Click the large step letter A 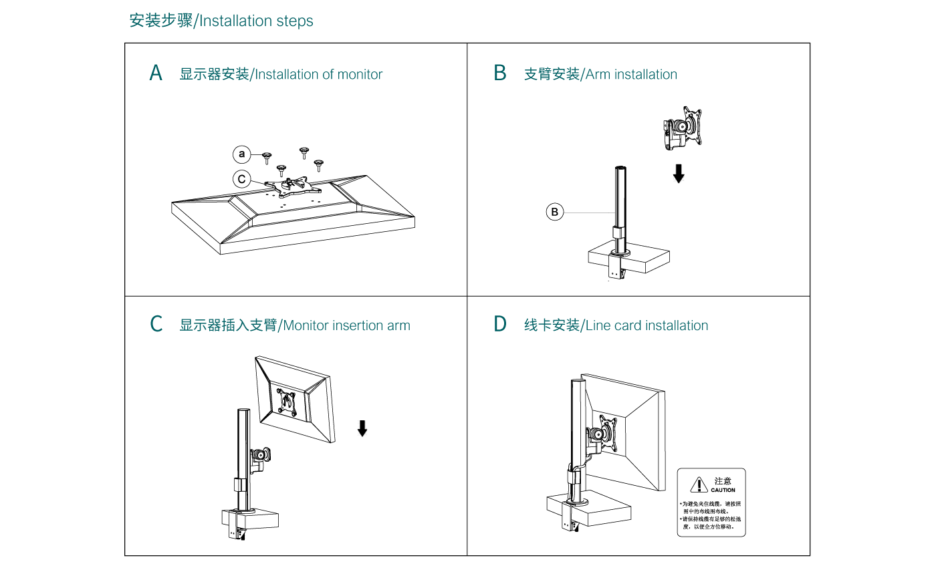(x=156, y=74)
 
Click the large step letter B (x=500, y=74)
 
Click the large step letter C (x=156, y=325)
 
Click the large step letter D (x=500, y=325)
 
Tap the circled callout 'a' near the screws (x=241, y=155)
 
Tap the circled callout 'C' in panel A (x=241, y=180)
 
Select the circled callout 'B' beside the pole (x=554, y=212)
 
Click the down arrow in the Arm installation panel (x=679, y=174)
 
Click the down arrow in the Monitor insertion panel (x=362, y=428)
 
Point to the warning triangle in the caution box (x=699, y=484)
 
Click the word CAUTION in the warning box (x=723, y=490)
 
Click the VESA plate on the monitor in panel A (x=288, y=185)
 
